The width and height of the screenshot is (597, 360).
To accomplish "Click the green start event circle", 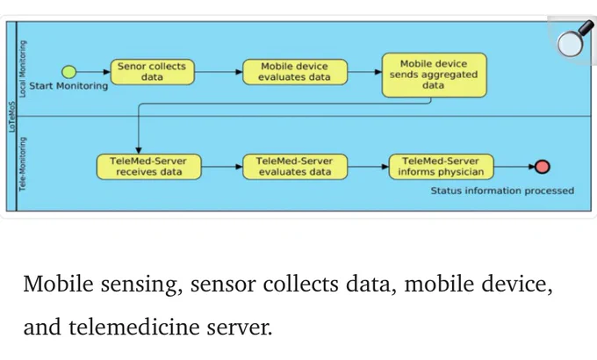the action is (68, 72).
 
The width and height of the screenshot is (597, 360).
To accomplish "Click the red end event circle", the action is (543, 167).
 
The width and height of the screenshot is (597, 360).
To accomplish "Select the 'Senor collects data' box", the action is (152, 72).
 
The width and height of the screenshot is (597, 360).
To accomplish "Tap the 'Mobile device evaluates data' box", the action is (295, 72).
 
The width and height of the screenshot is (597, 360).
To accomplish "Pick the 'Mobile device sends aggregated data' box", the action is (434, 75).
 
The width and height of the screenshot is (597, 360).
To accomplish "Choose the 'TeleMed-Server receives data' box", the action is (148, 167).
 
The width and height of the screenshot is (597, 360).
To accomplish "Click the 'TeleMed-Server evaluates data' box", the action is (295, 167).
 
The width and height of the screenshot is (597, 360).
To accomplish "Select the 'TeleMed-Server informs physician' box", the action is (441, 167).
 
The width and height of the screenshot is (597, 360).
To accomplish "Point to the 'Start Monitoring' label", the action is (68, 86).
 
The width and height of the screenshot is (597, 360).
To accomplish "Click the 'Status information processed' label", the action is (502, 191).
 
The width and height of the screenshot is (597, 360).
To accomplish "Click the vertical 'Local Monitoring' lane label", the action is (23, 69).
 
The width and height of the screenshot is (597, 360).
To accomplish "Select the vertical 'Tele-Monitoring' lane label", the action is (23, 164).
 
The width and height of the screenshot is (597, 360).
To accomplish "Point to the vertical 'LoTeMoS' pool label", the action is (11, 117).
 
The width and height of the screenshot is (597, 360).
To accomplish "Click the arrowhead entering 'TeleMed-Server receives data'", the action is (138, 151).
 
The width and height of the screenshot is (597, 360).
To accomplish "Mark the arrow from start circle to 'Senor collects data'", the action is (93, 72).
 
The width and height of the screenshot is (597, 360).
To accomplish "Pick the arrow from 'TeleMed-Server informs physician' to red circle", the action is (514, 167).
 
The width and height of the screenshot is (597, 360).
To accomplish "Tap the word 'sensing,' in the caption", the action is (141, 284).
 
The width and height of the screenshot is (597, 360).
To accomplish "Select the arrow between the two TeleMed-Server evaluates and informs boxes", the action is (368, 167).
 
